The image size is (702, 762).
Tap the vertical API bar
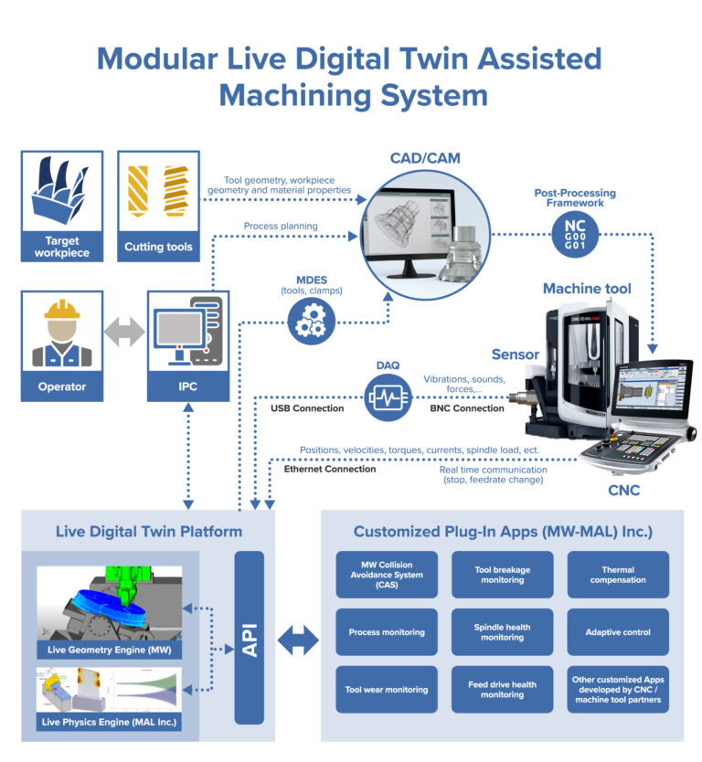point(249,636)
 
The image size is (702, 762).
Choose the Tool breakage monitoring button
point(502,575)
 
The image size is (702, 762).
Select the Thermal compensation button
point(618,575)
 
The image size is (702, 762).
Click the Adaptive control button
point(618,632)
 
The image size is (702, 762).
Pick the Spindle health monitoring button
point(502,632)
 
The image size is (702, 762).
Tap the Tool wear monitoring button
point(387,690)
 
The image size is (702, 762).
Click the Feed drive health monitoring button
point(502,690)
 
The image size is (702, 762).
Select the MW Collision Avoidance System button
point(387,575)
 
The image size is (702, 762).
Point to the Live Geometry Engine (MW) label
point(109,650)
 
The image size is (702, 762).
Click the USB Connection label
point(307,408)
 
